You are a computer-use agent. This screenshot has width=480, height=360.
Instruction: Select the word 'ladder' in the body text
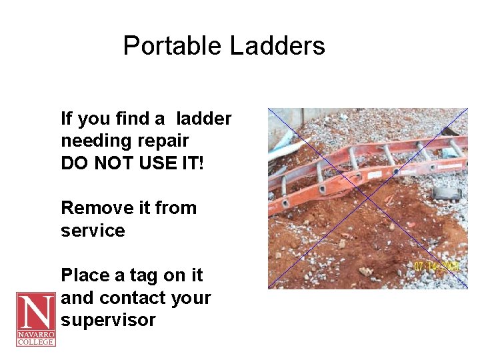(x=204, y=119)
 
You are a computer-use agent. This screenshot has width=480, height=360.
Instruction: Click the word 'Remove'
(x=93, y=208)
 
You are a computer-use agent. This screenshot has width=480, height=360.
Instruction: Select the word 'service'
(x=93, y=231)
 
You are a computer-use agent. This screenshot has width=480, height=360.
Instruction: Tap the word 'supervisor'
(x=108, y=320)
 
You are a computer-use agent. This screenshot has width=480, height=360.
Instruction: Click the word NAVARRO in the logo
(x=35, y=335)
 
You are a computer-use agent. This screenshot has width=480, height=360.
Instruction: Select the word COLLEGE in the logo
(x=35, y=343)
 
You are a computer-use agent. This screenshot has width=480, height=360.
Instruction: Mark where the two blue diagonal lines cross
(x=368, y=198)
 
